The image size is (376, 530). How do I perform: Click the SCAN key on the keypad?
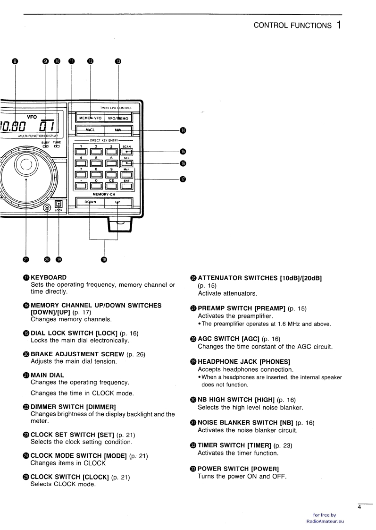127,152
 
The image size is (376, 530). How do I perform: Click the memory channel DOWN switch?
90,202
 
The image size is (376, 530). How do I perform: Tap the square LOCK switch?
59,204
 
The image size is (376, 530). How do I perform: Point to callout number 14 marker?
183,130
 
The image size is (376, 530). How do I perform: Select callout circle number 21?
26,259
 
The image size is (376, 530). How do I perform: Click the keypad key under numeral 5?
96,163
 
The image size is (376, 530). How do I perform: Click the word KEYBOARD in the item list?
49,277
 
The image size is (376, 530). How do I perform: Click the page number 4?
359,508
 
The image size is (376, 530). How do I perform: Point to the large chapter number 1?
340,25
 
